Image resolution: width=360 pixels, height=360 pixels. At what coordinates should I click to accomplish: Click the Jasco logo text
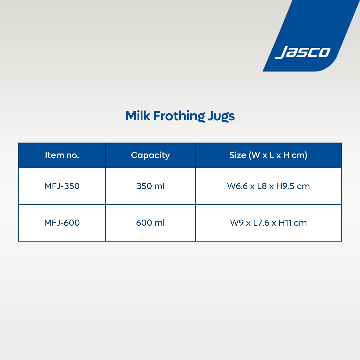click(x=303, y=52)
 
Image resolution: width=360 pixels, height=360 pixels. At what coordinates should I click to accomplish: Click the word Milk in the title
click(x=138, y=116)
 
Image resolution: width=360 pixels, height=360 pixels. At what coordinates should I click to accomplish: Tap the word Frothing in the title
click(x=179, y=116)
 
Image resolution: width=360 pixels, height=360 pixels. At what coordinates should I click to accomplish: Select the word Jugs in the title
click(x=221, y=116)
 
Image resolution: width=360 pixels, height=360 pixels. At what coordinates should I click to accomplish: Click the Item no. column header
click(x=62, y=155)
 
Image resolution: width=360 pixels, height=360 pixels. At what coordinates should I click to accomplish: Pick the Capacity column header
click(x=150, y=155)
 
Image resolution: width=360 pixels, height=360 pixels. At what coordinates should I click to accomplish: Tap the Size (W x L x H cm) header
click(x=268, y=155)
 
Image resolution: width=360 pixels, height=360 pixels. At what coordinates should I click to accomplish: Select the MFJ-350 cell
click(x=62, y=186)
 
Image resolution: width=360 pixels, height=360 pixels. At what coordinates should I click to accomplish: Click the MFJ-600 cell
click(x=62, y=223)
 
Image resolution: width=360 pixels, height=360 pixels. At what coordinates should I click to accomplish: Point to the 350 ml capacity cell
click(x=150, y=186)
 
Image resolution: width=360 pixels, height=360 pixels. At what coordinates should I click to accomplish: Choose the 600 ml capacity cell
click(x=150, y=223)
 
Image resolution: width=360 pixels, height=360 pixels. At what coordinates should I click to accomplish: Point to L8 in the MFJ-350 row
click(x=262, y=186)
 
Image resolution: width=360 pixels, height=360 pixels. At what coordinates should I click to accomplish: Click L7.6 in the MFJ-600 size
click(x=261, y=223)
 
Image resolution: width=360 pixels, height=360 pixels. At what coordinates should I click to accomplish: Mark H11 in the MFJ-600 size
click(x=285, y=223)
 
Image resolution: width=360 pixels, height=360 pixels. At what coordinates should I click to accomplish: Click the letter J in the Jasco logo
click(x=281, y=52)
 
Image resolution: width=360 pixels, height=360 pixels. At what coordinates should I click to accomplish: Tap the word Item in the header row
click(x=54, y=155)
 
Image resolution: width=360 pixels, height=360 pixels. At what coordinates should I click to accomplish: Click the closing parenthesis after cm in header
click(x=306, y=155)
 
